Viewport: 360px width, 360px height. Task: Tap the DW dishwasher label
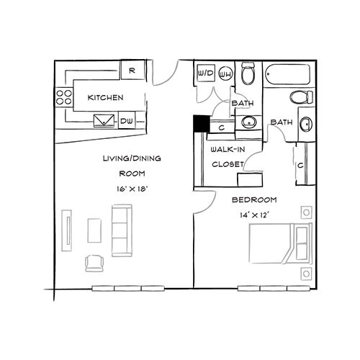tap(126, 121)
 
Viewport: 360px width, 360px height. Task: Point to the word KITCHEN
tap(105, 97)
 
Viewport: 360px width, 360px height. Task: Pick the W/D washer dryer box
tap(205, 73)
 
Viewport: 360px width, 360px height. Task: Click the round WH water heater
tap(225, 73)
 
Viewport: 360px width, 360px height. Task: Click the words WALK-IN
tap(225, 150)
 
